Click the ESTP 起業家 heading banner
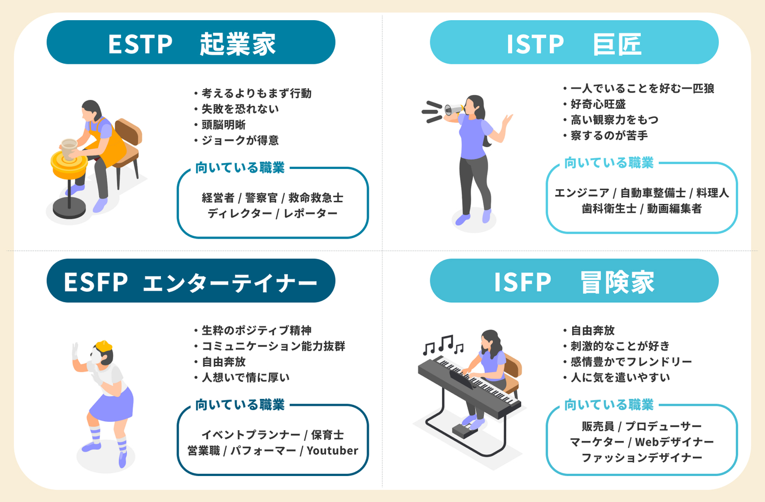click(191, 42)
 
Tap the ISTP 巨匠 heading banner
click(574, 42)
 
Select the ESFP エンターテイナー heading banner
click(191, 281)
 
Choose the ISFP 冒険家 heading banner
click(574, 281)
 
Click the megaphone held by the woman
click(453, 110)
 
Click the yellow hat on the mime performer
click(104, 346)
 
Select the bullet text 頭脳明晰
click(223, 125)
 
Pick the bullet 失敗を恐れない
click(240, 109)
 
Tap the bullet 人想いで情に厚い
click(245, 378)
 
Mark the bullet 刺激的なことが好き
click(619, 346)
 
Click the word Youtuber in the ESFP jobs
click(333, 451)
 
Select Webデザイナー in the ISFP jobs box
click(674, 442)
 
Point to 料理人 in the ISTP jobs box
click(712, 193)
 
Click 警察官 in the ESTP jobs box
click(261, 198)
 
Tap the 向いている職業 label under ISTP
click(609, 163)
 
